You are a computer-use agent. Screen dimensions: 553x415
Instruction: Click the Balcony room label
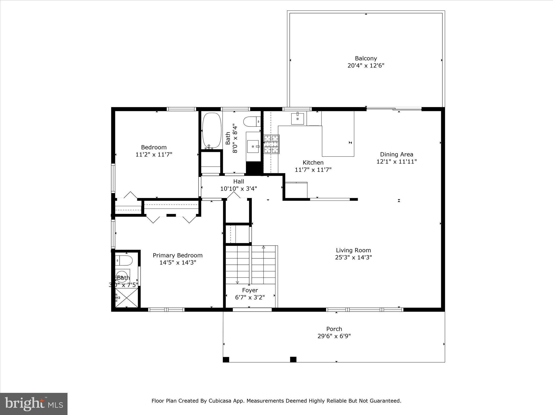[366, 58]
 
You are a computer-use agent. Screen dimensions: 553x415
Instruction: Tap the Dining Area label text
[396, 154]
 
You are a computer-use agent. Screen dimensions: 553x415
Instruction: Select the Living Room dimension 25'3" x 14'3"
[353, 257]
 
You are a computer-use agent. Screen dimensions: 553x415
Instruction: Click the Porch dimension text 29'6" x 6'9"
[334, 336]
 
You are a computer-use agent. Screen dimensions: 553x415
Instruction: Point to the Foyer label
[250, 290]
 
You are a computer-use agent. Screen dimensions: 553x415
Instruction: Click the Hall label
[239, 181]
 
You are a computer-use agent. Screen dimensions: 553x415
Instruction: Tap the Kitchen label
[313, 162]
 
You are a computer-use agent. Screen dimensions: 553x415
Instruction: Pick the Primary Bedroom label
[178, 255]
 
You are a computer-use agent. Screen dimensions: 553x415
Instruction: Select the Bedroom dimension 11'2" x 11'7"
[154, 155]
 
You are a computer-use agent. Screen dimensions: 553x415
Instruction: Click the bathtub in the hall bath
[212, 130]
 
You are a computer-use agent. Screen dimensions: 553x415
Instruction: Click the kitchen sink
[297, 119]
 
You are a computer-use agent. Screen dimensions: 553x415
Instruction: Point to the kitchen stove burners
[271, 144]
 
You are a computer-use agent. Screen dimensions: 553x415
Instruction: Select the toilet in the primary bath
[124, 261]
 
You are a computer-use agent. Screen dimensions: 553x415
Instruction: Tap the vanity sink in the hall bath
[253, 146]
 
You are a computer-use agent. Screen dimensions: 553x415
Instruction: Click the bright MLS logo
[34, 404]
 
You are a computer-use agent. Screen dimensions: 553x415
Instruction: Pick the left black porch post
[226, 359]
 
